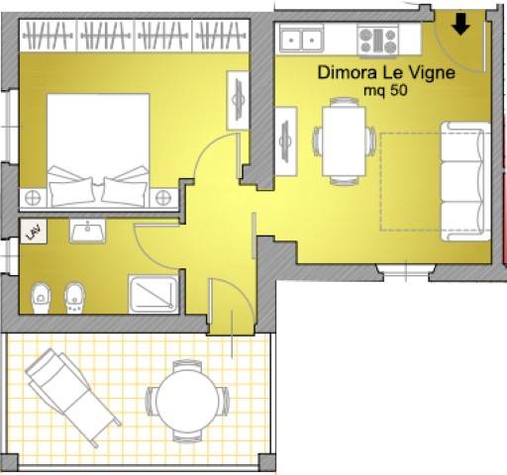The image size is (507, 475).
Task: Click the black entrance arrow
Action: coord(460,24)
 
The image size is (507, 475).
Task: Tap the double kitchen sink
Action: coord(301,40)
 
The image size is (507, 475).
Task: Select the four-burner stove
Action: coord(377,41)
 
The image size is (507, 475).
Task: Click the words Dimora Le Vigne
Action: coord(386,72)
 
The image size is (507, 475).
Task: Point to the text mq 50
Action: coord(385,90)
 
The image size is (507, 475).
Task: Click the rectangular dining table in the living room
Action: coord(344,141)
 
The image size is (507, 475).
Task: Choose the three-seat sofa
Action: coord(465,181)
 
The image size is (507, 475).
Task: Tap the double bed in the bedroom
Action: coord(98,150)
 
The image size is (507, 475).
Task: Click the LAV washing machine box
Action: coord(34,232)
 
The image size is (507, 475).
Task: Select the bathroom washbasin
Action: coord(87,231)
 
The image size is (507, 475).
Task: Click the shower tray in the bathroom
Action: coord(153,294)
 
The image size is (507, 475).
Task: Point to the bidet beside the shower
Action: coord(74,297)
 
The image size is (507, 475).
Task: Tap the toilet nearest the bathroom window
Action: coord(41,298)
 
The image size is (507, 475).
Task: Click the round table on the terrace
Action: coord(187,401)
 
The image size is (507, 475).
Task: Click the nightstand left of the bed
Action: coord(33,198)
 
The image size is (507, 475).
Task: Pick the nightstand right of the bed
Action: coord(163,198)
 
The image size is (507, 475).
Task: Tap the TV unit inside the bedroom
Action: coord(238,100)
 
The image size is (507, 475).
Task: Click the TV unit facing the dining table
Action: coord(286,142)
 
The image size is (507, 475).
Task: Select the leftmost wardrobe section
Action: coord(48,35)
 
